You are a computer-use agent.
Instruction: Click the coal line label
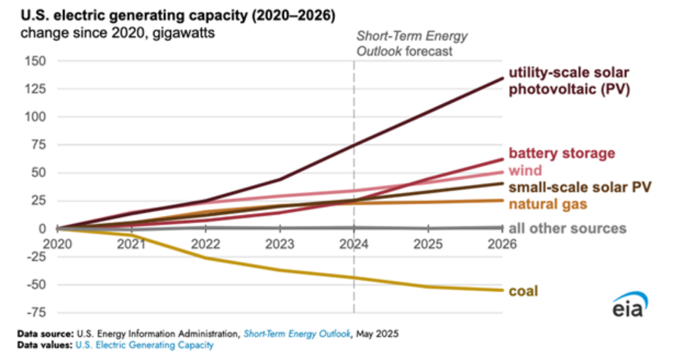coord(523,291)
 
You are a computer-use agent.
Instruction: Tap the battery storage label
coord(562,154)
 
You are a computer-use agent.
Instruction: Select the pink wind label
coord(525,170)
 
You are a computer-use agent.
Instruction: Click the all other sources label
coord(568,228)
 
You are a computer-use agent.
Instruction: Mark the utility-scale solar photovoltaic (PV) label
coord(569,81)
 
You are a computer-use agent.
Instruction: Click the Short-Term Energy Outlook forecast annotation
coord(411,44)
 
